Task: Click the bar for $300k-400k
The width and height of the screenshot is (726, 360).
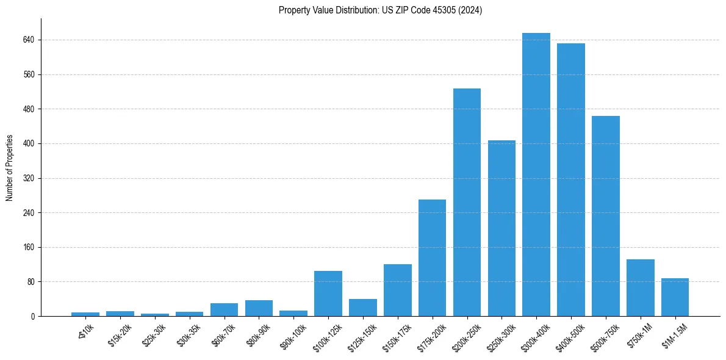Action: coord(536,175)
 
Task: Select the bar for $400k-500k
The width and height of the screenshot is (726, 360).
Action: coord(571,180)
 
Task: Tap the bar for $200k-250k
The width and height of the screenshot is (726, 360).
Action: coord(467,203)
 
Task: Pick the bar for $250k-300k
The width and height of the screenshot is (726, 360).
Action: coord(501,228)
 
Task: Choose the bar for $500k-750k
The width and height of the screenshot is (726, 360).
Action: coord(606,216)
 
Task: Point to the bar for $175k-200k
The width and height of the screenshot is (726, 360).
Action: coord(432,257)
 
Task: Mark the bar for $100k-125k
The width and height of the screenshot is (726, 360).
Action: coord(328,293)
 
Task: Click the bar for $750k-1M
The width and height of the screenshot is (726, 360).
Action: coord(641,288)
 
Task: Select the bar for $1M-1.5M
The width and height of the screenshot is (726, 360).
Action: coord(675,297)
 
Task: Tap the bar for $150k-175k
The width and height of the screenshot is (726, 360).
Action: coord(398,290)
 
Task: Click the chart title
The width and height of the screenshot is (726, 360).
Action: coord(380,10)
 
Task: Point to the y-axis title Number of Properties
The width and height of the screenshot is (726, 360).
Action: coord(10,168)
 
